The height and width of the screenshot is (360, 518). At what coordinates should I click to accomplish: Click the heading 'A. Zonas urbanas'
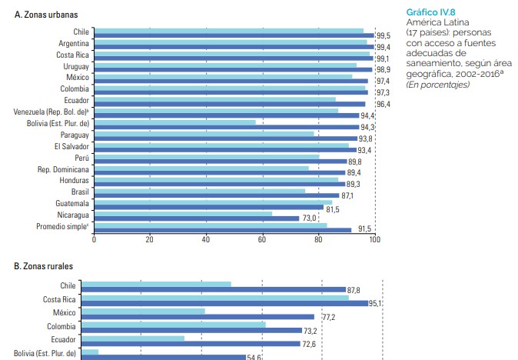tap(47, 15)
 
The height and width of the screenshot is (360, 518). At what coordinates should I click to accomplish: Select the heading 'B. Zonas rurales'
tap(44, 266)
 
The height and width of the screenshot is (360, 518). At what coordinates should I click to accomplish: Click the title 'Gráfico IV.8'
tap(431, 14)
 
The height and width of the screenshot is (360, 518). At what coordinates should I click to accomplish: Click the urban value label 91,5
tap(363, 230)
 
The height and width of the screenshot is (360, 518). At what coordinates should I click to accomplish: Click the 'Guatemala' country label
tap(71, 203)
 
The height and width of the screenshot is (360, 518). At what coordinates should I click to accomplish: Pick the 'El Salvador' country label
tap(71, 146)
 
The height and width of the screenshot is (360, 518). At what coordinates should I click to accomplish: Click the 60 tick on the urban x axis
tap(262, 240)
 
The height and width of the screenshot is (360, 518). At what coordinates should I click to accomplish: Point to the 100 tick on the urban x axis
tap(374, 240)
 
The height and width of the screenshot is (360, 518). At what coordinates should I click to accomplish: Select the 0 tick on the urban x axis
tap(94, 240)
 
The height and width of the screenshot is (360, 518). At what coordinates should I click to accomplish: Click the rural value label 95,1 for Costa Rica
tap(375, 304)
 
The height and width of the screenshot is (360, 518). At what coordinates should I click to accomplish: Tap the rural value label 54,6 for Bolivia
tap(254, 357)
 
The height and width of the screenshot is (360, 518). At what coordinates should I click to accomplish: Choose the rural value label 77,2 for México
tap(328, 317)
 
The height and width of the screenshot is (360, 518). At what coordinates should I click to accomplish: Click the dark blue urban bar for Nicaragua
tap(196, 218)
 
